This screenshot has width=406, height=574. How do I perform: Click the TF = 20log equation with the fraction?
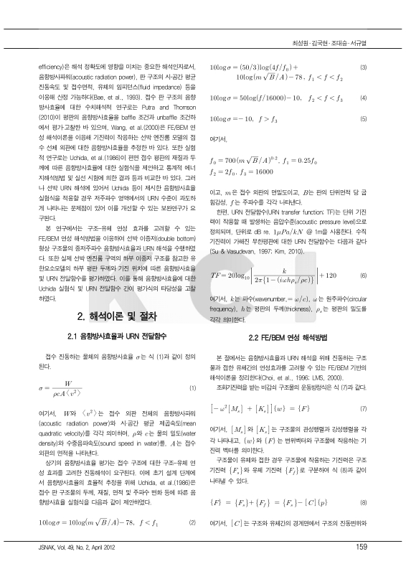coord(266,275)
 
